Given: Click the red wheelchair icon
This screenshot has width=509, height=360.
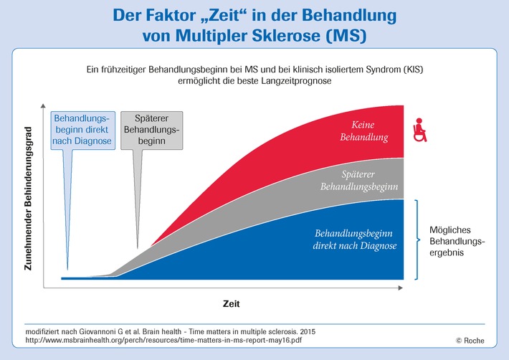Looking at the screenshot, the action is [419, 130].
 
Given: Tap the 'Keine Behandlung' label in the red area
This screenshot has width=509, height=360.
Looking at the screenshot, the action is [364, 131].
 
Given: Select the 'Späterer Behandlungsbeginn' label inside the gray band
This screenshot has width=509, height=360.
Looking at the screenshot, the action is [359, 180].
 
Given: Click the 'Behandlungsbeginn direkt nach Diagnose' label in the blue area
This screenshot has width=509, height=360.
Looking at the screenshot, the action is [355, 240].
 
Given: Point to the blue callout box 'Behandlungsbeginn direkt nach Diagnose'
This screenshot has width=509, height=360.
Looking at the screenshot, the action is [82, 131].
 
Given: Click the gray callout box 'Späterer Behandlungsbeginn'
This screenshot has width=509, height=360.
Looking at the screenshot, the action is [151, 131].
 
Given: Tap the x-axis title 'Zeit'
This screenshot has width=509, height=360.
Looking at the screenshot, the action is [231, 304].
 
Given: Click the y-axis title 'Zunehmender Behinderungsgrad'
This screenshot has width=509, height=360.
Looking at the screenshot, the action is [28, 199].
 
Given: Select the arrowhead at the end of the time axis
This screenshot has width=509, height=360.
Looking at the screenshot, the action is [401, 288].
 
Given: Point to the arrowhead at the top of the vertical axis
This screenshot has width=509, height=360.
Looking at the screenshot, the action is [43, 105].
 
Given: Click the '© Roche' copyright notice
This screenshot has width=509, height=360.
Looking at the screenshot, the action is [470, 341].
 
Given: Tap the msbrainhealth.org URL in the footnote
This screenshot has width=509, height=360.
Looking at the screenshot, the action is [163, 340].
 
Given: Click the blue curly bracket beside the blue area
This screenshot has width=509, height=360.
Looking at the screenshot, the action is [417, 240].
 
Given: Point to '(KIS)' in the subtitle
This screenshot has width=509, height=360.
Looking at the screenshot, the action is [413, 70].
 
